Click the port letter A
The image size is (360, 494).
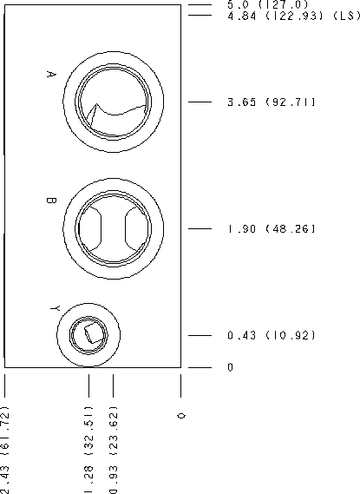(51, 75)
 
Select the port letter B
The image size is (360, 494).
(51, 201)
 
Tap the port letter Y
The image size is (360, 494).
(55, 308)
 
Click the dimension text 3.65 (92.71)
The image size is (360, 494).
(271, 102)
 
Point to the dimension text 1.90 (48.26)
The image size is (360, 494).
(271, 228)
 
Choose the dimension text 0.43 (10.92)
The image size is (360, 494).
(271, 335)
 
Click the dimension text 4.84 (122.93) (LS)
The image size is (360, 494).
(293, 16)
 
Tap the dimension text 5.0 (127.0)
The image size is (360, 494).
(267, 4)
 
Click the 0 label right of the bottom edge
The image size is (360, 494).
(231, 367)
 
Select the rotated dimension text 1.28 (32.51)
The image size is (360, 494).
(89, 450)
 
